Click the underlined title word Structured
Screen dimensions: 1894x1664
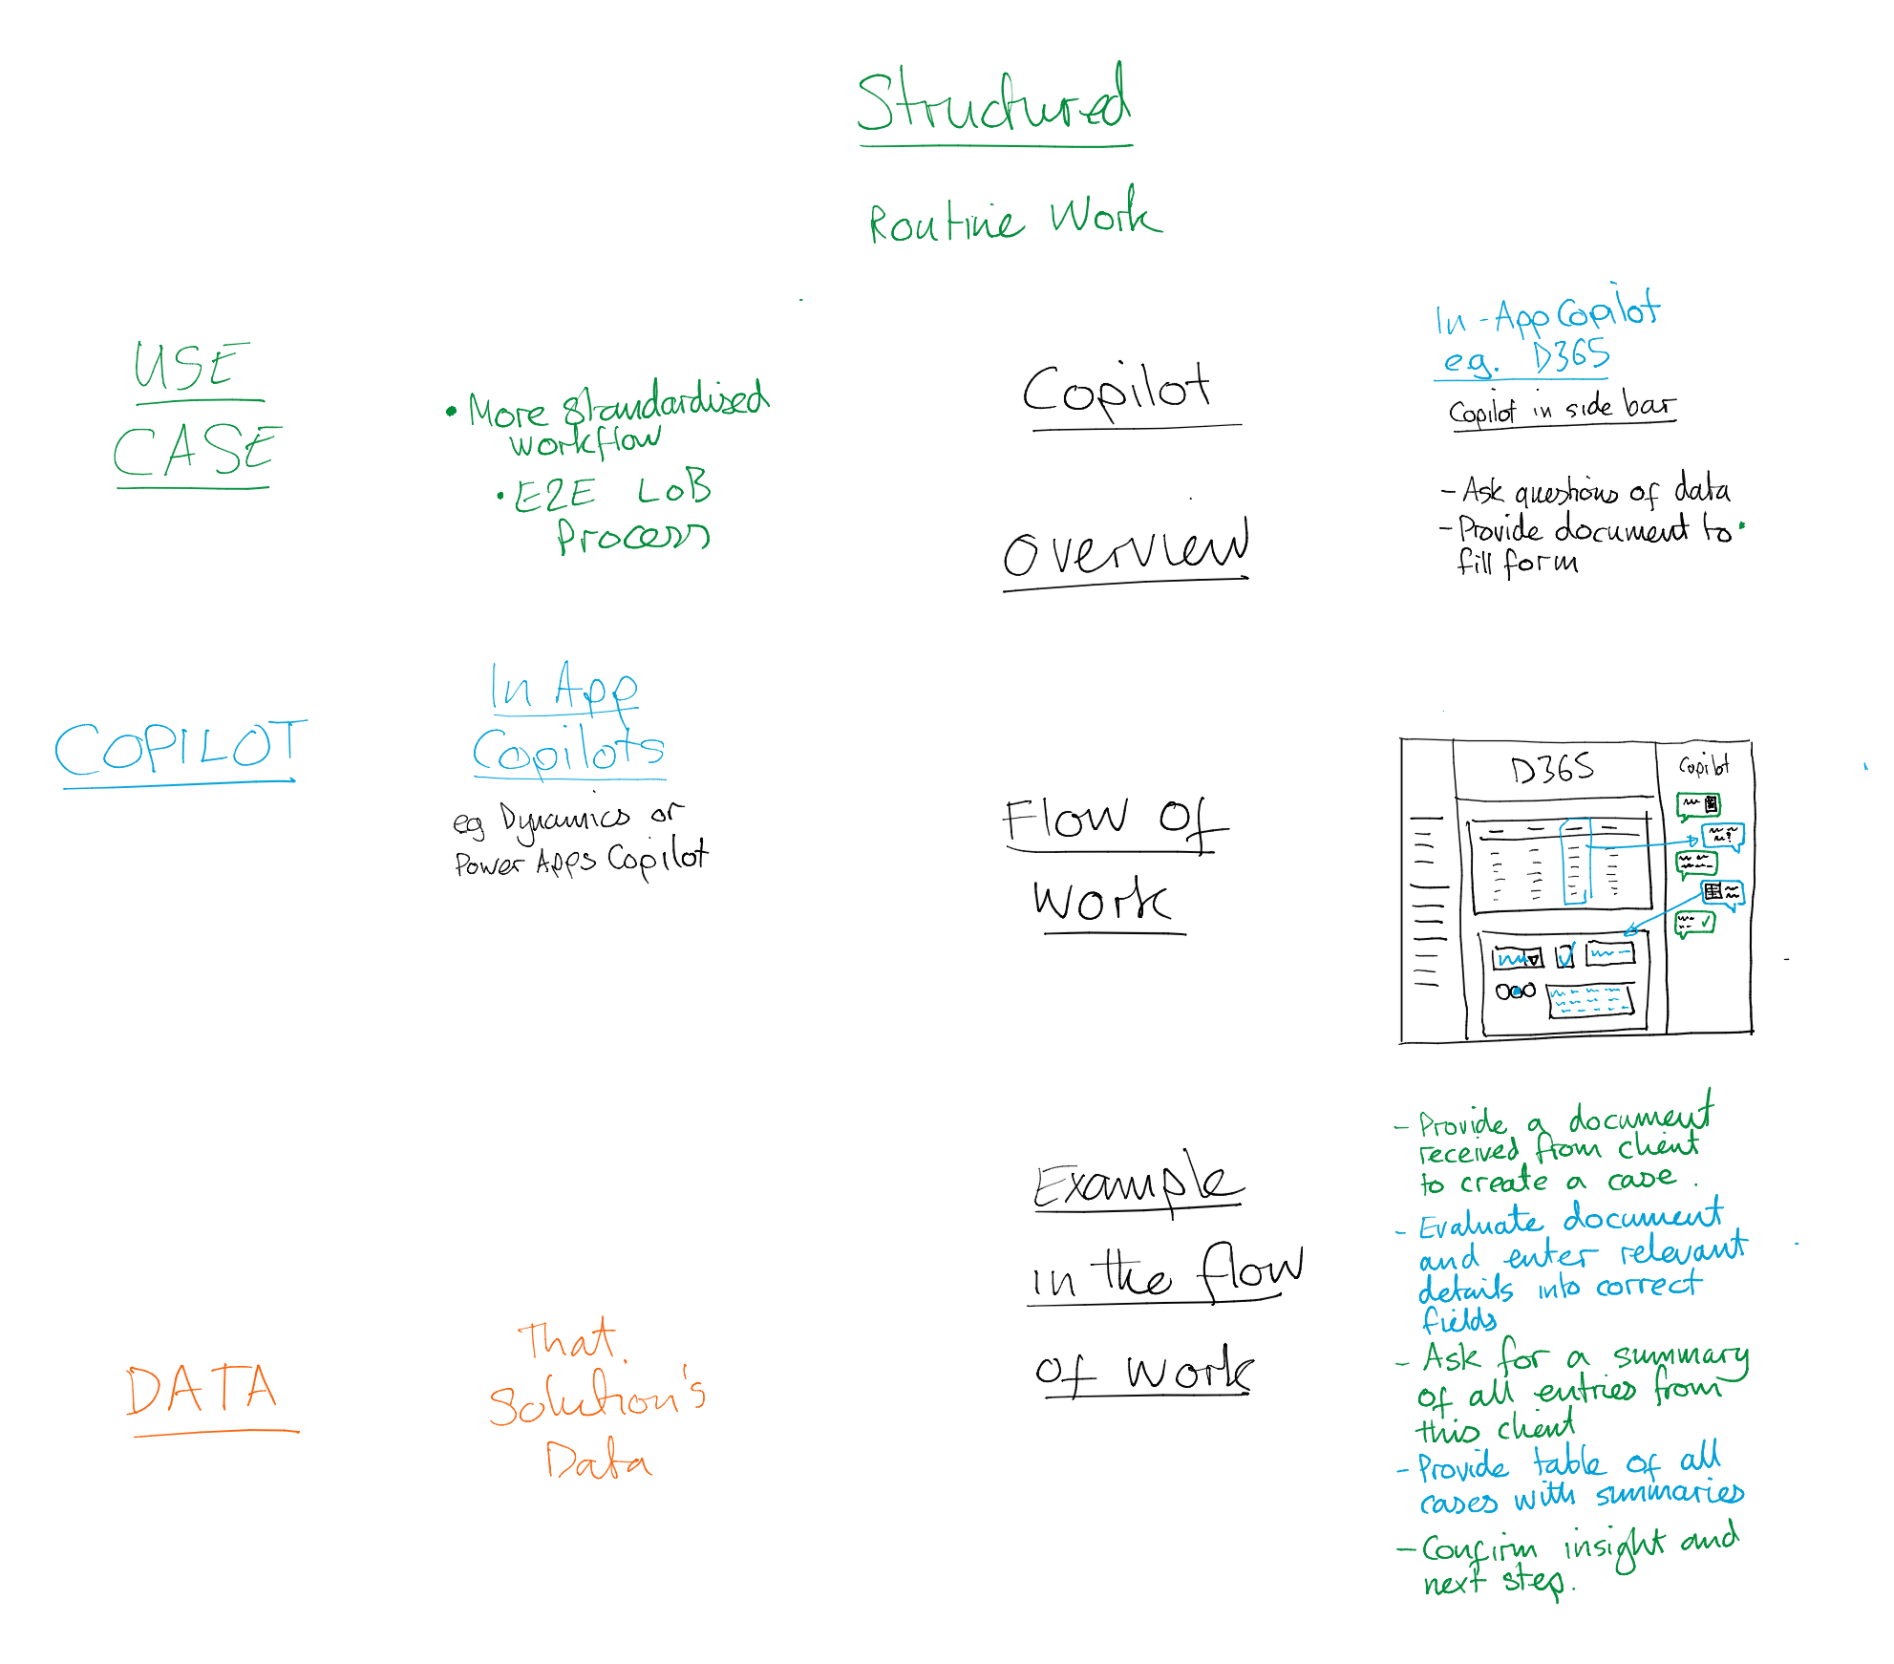pos(993,103)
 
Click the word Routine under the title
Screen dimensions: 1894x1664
pos(946,223)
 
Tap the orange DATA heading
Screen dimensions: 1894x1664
pos(202,1389)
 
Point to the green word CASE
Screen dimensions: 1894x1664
pos(196,450)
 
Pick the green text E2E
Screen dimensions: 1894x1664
pos(554,495)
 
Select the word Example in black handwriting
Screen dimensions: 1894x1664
pos(1138,1184)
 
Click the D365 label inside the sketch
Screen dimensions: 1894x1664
pos(1552,768)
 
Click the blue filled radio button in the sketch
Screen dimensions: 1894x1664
pos(1518,991)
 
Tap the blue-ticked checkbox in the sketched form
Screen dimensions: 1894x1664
pos(1564,955)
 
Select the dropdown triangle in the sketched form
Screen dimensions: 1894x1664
pos(1533,958)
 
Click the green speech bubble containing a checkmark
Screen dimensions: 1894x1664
pos(1696,923)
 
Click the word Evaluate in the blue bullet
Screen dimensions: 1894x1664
pos(1479,1224)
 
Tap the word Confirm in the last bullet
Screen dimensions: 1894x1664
pos(1479,1547)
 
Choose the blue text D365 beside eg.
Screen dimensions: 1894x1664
pos(1571,356)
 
